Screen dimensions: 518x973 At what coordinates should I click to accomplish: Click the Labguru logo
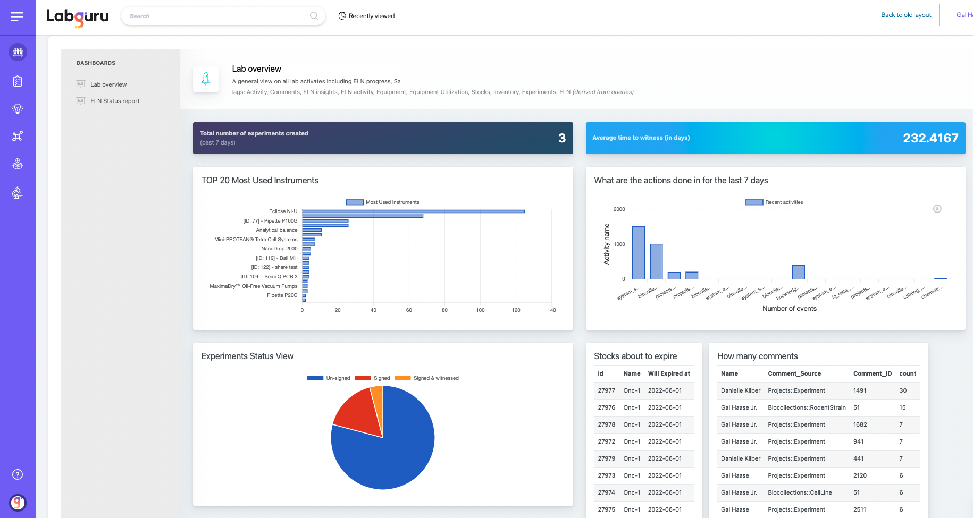tap(78, 16)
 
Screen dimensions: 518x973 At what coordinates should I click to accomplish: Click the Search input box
tap(218, 16)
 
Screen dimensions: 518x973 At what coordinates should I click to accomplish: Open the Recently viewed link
tap(366, 16)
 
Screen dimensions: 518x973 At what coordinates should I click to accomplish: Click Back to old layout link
tap(906, 15)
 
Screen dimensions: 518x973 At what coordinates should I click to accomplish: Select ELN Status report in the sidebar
tap(114, 101)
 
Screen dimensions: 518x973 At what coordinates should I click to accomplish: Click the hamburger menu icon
tap(17, 17)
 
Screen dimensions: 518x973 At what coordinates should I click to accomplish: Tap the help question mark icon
tap(18, 474)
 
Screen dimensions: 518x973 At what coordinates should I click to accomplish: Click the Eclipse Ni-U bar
tap(413, 211)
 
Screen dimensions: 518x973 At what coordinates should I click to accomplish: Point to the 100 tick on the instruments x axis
tap(480, 310)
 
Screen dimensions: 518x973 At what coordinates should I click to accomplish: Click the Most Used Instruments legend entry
tap(383, 202)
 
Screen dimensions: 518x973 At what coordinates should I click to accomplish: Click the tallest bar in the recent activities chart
tap(638, 253)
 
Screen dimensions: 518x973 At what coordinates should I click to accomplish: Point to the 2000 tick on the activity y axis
tap(619, 209)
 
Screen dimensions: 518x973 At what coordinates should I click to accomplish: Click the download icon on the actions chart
tap(937, 209)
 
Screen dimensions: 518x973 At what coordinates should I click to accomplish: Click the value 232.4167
tap(930, 138)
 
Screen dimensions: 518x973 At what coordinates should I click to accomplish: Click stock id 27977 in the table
tap(606, 390)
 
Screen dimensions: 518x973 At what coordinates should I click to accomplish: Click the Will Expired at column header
tap(668, 373)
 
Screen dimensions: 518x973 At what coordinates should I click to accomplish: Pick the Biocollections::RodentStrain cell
tap(806, 407)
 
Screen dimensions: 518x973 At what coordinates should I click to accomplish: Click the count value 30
tap(903, 390)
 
